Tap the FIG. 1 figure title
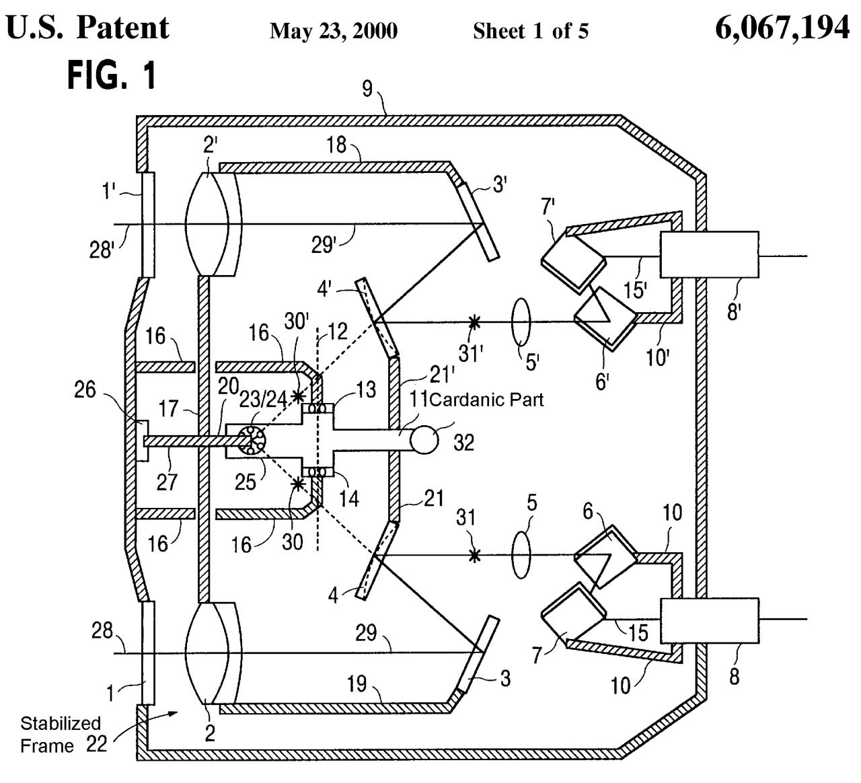[111, 75]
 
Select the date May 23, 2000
[333, 31]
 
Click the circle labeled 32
[424, 440]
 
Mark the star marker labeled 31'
[475, 322]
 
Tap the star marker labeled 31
[475, 555]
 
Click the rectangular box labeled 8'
[708, 254]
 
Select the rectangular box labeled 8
[708, 620]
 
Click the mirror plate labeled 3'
[478, 221]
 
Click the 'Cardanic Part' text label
[486, 400]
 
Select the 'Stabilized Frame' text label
[60, 734]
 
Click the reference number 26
[85, 389]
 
